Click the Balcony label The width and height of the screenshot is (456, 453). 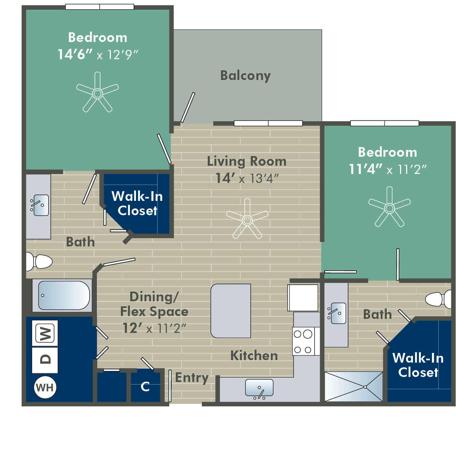(x=245, y=76)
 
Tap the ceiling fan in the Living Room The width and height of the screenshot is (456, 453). (x=247, y=220)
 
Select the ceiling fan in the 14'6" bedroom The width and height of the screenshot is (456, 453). (x=98, y=93)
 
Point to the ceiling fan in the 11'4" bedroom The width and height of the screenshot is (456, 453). (x=390, y=208)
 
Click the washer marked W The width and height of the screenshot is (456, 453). (x=45, y=333)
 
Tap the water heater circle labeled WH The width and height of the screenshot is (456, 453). (x=45, y=387)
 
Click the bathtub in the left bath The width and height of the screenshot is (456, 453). (x=64, y=295)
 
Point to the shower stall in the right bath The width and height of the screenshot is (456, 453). (x=354, y=386)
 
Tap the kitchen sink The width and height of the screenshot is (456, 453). (x=259, y=388)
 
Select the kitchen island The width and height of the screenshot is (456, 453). (x=231, y=311)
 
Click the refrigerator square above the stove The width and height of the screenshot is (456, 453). (x=303, y=298)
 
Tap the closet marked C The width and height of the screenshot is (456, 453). (x=145, y=386)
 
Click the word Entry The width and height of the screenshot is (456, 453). (x=192, y=378)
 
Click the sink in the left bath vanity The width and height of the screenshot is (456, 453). (x=41, y=205)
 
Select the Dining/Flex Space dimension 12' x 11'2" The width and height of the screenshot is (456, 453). (x=154, y=328)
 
